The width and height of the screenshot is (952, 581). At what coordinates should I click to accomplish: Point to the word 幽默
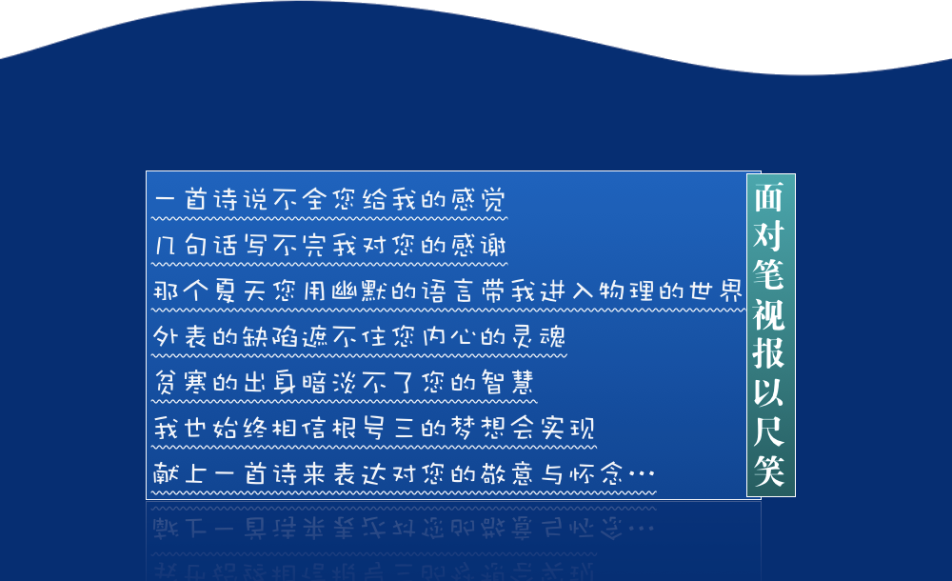tap(360, 291)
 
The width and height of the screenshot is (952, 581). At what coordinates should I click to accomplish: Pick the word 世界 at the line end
tap(717, 291)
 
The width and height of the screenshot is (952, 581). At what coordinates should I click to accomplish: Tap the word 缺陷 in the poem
tap(270, 336)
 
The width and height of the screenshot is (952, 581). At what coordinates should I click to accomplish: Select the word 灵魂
tap(538, 336)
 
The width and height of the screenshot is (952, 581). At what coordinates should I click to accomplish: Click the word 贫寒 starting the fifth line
tap(181, 382)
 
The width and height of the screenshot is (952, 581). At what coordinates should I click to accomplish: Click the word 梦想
tap(479, 428)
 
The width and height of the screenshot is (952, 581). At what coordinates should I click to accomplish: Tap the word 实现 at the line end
tap(567, 428)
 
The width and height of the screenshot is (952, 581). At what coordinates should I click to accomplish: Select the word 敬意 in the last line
tap(508, 473)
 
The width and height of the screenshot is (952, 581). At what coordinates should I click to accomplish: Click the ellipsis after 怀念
tap(642, 473)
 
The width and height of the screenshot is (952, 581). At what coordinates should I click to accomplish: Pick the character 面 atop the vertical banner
tap(769, 197)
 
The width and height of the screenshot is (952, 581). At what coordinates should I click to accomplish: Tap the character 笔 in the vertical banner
tap(769, 274)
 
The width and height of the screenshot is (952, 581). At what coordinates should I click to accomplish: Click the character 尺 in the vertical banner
tap(769, 431)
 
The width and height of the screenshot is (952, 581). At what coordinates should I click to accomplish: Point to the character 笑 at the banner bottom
tap(769, 470)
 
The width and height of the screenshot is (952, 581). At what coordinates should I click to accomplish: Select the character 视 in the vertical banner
tap(769, 314)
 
